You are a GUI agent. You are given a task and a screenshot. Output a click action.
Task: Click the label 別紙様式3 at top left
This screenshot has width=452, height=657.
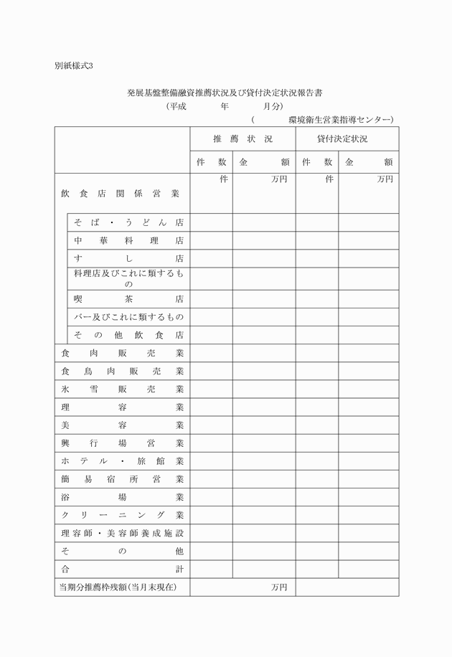(74, 66)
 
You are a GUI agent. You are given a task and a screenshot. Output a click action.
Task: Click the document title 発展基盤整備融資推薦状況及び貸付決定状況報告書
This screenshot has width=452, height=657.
(224, 93)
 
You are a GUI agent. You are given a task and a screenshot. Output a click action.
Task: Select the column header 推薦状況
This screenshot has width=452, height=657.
(243, 138)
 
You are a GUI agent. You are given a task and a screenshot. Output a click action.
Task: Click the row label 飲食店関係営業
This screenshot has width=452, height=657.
(121, 194)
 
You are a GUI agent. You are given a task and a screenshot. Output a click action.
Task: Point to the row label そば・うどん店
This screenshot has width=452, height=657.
(128, 222)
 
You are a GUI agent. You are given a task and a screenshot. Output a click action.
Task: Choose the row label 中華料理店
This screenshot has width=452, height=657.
(128, 241)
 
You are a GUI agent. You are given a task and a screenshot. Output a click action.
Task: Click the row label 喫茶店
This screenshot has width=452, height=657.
(128, 298)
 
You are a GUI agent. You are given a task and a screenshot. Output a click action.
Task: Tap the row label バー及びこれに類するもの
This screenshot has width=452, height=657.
(128, 316)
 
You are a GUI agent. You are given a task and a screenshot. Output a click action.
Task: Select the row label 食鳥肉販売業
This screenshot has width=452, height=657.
(122, 372)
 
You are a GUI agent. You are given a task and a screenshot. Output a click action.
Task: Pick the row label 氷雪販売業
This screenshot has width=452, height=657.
(122, 389)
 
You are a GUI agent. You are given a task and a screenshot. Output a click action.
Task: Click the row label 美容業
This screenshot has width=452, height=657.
(122, 425)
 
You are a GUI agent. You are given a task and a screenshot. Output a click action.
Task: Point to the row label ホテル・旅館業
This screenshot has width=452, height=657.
(122, 461)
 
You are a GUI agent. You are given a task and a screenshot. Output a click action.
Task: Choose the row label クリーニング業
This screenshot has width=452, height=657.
(122, 515)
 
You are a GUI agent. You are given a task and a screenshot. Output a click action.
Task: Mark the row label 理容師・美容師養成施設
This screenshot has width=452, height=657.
(122, 533)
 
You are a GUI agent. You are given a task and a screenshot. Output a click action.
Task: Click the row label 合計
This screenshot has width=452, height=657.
(122, 569)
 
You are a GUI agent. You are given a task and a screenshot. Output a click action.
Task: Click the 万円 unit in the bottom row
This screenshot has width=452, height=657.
(279, 587)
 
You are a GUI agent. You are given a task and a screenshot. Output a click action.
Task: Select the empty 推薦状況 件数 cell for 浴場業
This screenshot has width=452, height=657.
(211, 497)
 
